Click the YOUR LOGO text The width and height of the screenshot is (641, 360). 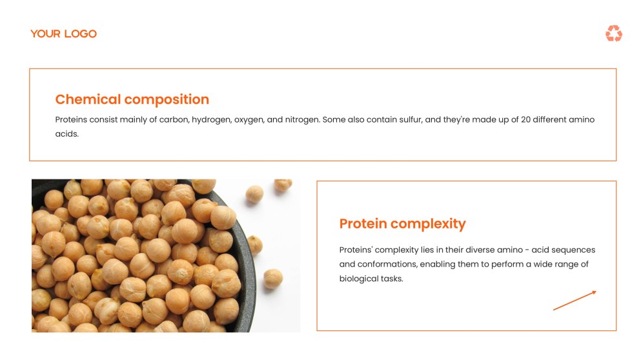click(x=63, y=34)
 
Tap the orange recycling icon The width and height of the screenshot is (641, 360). click(x=613, y=34)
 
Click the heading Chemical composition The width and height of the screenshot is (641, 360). click(x=132, y=99)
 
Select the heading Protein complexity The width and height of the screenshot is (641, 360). click(x=402, y=224)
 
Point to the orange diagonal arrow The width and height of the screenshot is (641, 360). click(x=575, y=301)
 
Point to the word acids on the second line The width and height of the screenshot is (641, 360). click(x=66, y=134)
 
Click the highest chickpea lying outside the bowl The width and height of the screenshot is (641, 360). click(x=283, y=185)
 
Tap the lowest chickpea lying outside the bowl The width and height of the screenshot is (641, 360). click(x=272, y=278)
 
